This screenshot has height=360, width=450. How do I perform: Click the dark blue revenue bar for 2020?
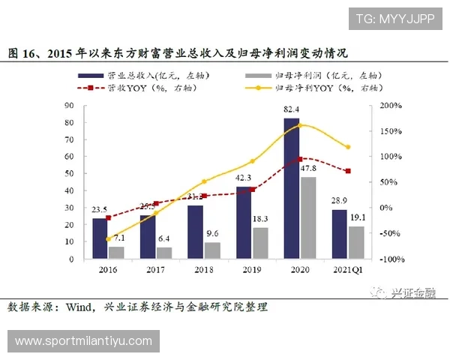click(x=291, y=187)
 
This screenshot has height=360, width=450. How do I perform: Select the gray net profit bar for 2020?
click(x=307, y=217)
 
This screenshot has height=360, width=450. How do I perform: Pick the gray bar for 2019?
click(x=260, y=243)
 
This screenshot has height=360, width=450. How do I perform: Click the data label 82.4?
click(x=292, y=110)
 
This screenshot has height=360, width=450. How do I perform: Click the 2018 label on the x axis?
click(x=204, y=268)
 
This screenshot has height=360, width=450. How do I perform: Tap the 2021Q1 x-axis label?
click(x=346, y=268)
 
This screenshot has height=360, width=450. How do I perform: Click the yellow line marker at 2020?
click(x=300, y=124)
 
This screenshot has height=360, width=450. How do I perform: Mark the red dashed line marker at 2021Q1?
click(x=348, y=171)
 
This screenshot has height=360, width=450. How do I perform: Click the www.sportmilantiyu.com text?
click(x=82, y=341)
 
